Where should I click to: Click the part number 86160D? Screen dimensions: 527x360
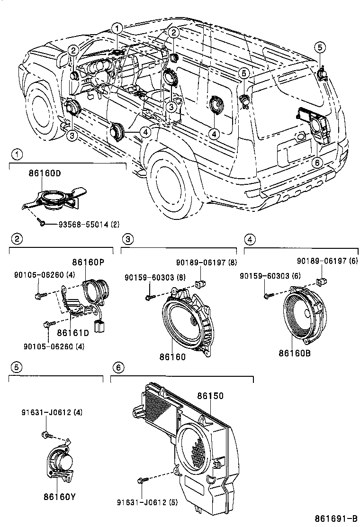tap(45, 173)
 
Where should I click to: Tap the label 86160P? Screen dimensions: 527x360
tap(88, 262)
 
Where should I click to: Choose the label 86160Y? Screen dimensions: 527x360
tap(60, 497)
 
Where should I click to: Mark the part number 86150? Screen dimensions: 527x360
tap(210, 395)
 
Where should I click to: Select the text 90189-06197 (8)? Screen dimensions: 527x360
tap(206, 262)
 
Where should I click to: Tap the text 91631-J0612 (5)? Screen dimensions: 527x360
tap(147, 502)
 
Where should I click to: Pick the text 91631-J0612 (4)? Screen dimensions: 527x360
tap(52, 412)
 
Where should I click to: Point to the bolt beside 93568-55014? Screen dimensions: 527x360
tap(43, 222)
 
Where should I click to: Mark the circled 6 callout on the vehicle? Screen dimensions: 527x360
tap(317, 162)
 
